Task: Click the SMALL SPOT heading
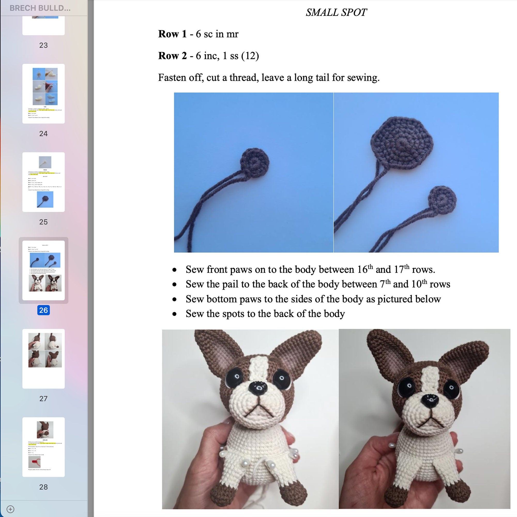pyautogui.click(x=336, y=13)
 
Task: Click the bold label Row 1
pyautogui.click(x=172, y=34)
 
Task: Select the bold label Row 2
pyautogui.click(x=172, y=56)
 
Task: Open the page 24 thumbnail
pyautogui.click(x=43, y=93)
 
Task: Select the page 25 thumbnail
pyautogui.click(x=43, y=182)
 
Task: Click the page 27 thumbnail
pyautogui.click(x=43, y=359)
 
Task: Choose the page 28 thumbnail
pyautogui.click(x=43, y=447)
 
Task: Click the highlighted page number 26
pyautogui.click(x=43, y=310)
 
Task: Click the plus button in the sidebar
pyautogui.click(x=10, y=509)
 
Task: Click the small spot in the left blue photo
pyautogui.click(x=254, y=162)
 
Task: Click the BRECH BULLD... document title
pyautogui.click(x=40, y=8)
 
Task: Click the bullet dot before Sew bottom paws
pyautogui.click(x=174, y=299)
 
